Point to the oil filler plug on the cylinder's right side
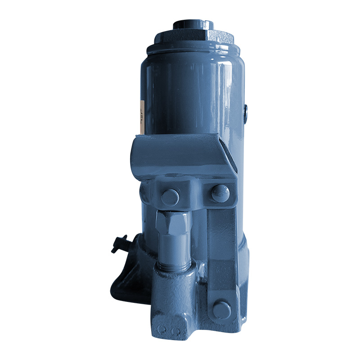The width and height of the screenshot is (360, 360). tap(245, 113)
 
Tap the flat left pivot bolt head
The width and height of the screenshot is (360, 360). tap(170, 196)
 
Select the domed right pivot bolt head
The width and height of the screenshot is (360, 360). tap(220, 193)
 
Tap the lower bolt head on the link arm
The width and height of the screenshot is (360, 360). tap(221, 310)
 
